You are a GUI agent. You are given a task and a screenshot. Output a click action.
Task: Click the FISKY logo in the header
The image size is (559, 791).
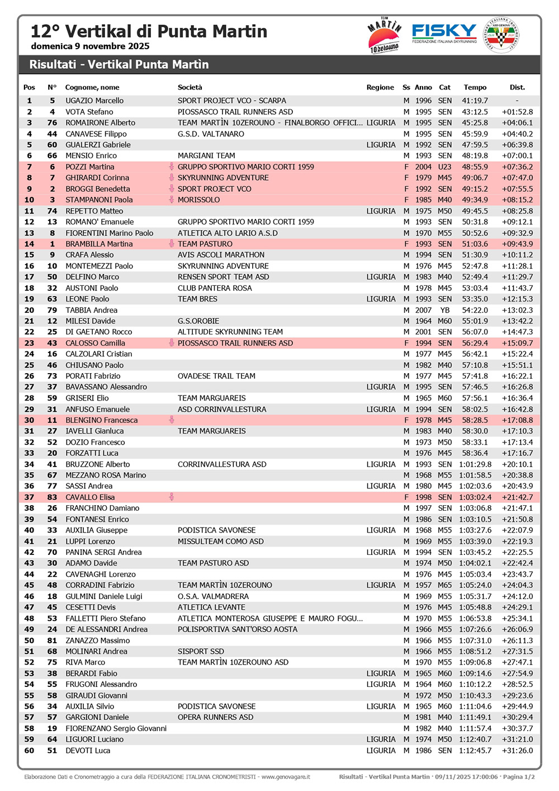pos(444,34)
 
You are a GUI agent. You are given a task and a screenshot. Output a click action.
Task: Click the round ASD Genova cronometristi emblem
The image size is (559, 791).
pos(501,35)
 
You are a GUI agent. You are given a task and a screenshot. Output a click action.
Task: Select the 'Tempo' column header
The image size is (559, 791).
pos(475,87)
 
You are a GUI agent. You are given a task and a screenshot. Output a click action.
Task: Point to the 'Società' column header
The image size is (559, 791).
pos(190,87)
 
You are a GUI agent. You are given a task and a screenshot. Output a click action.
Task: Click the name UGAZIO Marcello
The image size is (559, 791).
pos(94,101)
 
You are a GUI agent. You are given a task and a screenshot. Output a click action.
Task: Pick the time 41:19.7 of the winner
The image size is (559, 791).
pos(475,101)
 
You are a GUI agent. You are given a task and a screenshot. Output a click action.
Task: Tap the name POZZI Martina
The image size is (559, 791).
pos(90,167)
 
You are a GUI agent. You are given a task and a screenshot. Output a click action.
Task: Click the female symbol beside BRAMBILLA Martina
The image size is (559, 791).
pos(172,244)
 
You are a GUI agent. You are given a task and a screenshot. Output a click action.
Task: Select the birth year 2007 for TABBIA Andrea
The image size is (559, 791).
pos(423,310)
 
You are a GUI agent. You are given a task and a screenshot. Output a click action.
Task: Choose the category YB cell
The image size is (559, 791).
pos(445,310)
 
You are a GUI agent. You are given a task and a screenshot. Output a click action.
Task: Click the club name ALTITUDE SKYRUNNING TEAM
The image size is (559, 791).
pos(230,332)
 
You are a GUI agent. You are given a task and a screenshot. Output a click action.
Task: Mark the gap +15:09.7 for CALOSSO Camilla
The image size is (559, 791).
pos(517,343)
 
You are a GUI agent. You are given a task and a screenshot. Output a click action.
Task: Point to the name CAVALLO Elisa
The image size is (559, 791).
pos(90,497)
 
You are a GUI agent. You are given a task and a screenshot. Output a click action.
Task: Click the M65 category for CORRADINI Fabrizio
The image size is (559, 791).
pos(445,585)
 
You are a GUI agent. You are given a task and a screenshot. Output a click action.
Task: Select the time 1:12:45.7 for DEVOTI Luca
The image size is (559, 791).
pos(475,751)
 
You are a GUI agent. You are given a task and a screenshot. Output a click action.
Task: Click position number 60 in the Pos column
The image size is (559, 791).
pos(29,751)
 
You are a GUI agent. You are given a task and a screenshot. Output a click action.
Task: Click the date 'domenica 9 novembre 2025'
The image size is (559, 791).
pos(90,46)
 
